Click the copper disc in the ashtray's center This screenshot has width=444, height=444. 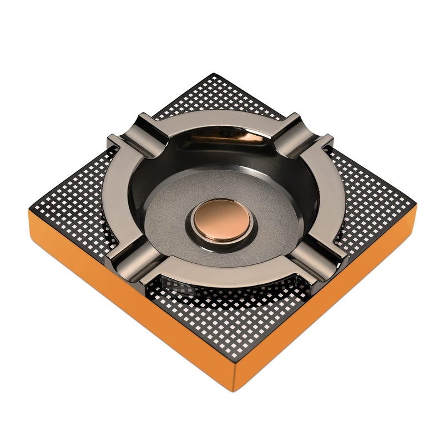pos(222,220)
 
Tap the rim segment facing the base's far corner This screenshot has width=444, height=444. pos(222,119)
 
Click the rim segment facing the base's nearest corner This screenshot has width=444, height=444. pos(222,274)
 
